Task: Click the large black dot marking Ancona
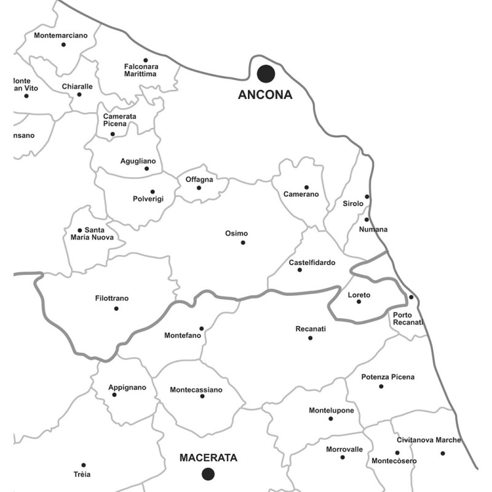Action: pyautogui.click(x=266, y=74)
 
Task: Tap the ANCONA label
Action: pyautogui.click(x=266, y=95)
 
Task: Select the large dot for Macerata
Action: pyautogui.click(x=208, y=474)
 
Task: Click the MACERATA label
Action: pyautogui.click(x=208, y=458)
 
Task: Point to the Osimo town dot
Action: pyautogui.click(x=243, y=242)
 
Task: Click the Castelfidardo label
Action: pyautogui.click(x=312, y=263)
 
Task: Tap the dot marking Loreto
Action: pyautogui.click(x=359, y=301)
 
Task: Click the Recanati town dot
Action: pyautogui.click(x=310, y=338)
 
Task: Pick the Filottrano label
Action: pyautogui.click(x=112, y=298)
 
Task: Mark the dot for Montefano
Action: pyautogui.click(x=201, y=328)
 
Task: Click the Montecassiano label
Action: pyautogui.click(x=196, y=389)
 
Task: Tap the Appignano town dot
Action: pyautogui.click(x=114, y=394)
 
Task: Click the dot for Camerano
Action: pyautogui.click(x=306, y=187)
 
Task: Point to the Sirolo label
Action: pyautogui.click(x=354, y=204)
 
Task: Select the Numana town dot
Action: pyautogui.click(x=367, y=220)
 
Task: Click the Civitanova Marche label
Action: pyautogui.click(x=429, y=440)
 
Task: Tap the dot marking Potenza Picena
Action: pyautogui.click(x=381, y=386)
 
